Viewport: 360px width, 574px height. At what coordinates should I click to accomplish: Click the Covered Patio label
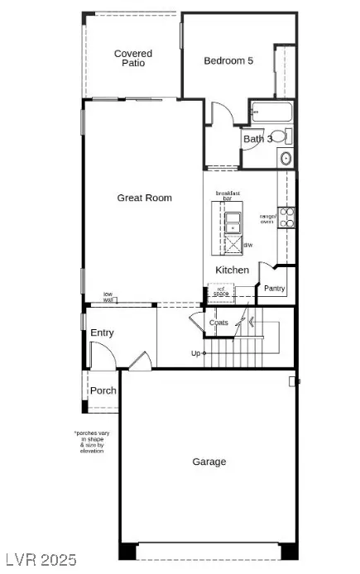(x=133, y=59)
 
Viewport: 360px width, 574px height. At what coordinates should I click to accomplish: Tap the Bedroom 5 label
(x=228, y=60)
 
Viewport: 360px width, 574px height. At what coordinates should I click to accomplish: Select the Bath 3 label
(x=257, y=139)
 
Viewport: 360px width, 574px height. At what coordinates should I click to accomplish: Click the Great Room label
(x=145, y=198)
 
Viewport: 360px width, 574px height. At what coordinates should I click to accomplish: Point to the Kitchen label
(x=232, y=270)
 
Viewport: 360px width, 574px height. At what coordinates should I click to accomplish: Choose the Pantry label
(x=275, y=288)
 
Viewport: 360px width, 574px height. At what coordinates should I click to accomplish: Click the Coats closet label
(x=218, y=323)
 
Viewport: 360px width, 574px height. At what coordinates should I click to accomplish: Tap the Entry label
(x=103, y=333)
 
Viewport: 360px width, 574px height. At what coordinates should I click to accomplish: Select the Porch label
(x=103, y=390)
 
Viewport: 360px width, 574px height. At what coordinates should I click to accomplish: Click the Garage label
(x=209, y=462)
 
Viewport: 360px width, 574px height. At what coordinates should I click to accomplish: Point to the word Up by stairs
(x=196, y=354)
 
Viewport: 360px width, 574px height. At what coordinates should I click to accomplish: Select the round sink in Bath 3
(x=286, y=158)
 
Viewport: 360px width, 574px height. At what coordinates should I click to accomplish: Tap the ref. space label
(x=220, y=291)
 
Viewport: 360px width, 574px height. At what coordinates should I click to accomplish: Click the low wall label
(x=108, y=297)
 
